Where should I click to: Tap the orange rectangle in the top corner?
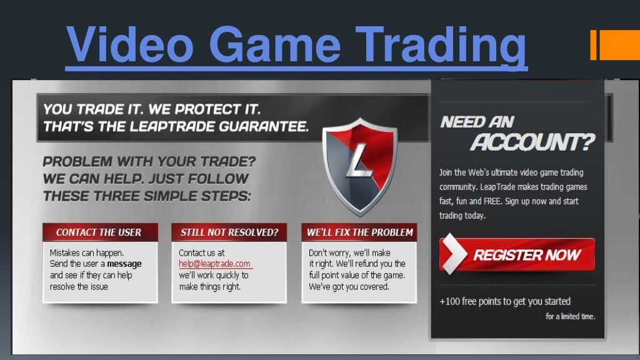[615, 46]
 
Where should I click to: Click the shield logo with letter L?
[359, 166]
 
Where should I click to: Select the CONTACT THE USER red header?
[99, 232]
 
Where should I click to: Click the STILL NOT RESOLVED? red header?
[229, 232]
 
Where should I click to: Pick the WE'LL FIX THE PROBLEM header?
[359, 232]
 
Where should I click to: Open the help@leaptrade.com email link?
[214, 264]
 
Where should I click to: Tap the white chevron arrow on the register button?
[454, 255]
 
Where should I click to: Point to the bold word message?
[124, 264]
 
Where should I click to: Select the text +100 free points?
[476, 302]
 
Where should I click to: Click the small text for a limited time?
[570, 316]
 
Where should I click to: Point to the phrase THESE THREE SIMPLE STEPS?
[147, 196]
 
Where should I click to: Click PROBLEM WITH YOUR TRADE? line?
[149, 161]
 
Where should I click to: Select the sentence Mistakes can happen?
[87, 253]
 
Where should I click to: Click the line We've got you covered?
[349, 286]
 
